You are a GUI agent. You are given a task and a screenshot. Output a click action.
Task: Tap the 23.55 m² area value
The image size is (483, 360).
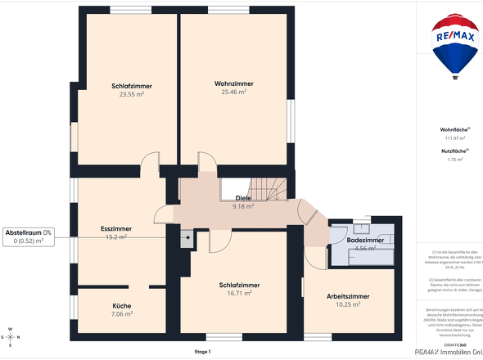[131, 95]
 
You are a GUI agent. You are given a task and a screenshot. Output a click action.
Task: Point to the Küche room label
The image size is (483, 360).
[121, 306]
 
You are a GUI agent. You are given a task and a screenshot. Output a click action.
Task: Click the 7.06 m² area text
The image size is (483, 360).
[121, 314]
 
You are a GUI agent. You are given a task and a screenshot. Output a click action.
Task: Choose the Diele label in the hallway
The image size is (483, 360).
[243, 198]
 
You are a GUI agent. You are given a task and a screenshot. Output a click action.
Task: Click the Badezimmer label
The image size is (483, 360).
[365, 241]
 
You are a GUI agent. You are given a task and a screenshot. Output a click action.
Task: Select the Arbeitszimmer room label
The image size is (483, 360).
[347, 296]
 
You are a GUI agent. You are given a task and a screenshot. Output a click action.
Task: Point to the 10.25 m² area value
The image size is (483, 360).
[347, 304]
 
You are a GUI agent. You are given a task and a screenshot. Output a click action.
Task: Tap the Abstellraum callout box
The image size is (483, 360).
[29, 236]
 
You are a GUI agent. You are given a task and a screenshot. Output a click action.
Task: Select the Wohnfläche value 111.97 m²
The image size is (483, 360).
[453, 137]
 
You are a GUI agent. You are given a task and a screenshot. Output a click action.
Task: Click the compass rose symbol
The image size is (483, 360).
[11, 335]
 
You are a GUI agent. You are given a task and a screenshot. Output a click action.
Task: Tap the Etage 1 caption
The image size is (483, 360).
[203, 352]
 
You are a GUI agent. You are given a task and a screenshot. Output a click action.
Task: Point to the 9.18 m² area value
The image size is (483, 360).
[243, 207]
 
